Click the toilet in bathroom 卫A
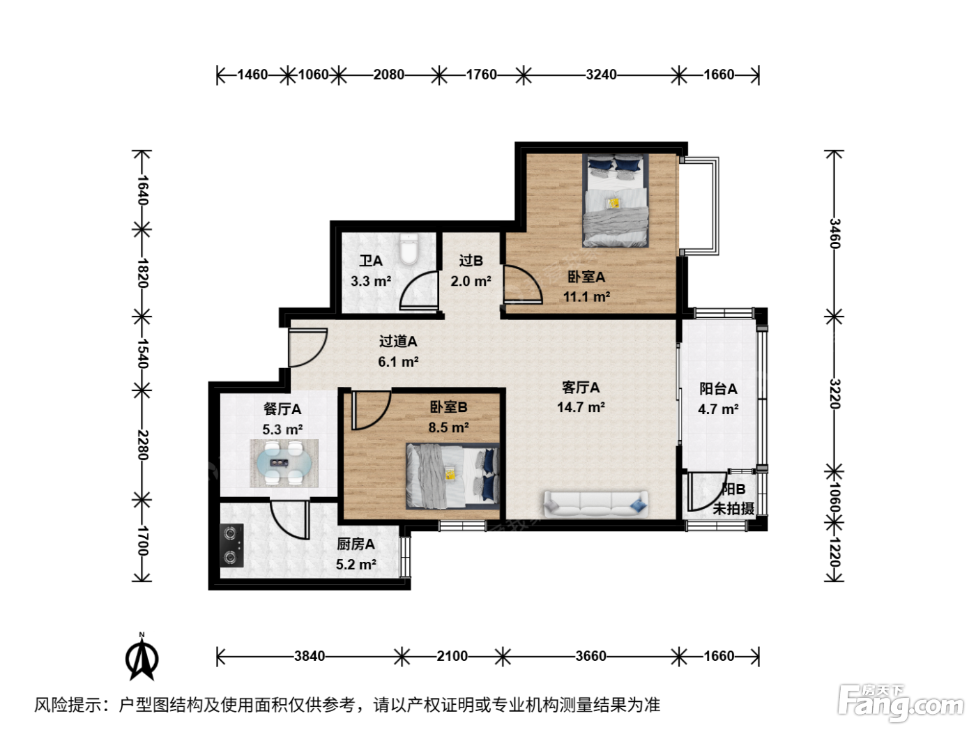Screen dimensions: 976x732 (x=409, y=250)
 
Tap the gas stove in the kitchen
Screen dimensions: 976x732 (x=231, y=545)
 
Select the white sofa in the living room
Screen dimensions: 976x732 (x=596, y=504)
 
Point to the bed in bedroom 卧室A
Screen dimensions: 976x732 (x=616, y=200)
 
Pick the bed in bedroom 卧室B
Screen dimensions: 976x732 (x=452, y=475)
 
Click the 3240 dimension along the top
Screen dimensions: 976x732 (x=601, y=75)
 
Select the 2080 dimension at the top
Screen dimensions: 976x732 (x=388, y=75)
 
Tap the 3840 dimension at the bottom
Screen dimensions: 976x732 (x=310, y=656)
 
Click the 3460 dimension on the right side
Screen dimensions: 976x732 (x=834, y=234)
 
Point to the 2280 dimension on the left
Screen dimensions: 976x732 (x=142, y=445)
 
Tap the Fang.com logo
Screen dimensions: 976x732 (x=901, y=703)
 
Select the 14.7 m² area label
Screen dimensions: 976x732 (x=581, y=407)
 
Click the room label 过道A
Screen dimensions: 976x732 (x=398, y=342)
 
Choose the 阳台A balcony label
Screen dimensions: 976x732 (x=718, y=389)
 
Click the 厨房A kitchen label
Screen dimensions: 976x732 (x=356, y=544)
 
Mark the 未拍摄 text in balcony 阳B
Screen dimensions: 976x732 (x=733, y=508)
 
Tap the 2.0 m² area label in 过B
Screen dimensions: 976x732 (x=471, y=282)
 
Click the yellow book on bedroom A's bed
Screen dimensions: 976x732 (x=614, y=203)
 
